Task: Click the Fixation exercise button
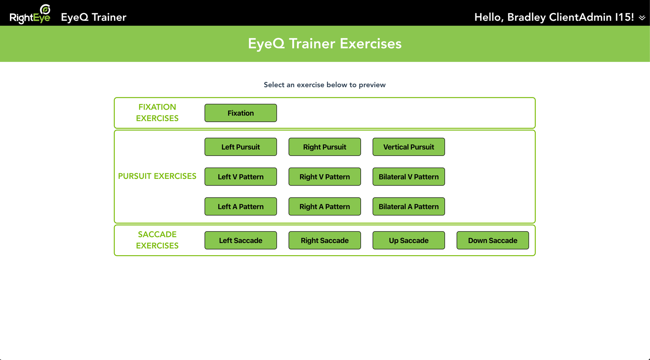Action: pos(241,113)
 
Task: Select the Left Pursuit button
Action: pos(241,147)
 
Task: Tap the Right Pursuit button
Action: pos(325,147)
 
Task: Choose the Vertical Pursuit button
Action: pos(408,147)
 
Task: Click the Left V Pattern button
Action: pos(241,177)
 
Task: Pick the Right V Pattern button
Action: pos(325,177)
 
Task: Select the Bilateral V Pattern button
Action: pos(408,177)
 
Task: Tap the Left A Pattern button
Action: pos(241,206)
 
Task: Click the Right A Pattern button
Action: pos(325,206)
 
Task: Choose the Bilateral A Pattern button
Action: pos(408,206)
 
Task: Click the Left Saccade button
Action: pos(241,240)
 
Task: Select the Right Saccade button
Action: pos(325,240)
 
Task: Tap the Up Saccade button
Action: pos(408,240)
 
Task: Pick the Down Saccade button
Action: pos(493,240)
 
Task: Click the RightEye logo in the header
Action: pos(30,14)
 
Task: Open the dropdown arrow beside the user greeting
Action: pos(642,18)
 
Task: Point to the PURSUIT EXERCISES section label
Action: pos(157,176)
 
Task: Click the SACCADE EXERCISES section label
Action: pos(157,240)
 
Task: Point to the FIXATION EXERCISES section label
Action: pos(157,113)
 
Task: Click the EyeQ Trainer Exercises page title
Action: pos(325,44)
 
